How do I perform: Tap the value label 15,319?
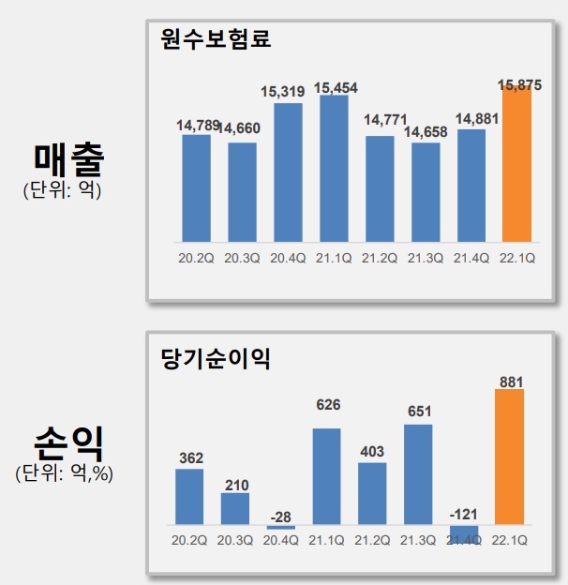click(x=288, y=91)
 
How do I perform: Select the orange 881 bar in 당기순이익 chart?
click(x=509, y=457)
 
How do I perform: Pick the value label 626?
click(x=327, y=405)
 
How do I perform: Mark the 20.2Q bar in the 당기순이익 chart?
click(x=189, y=496)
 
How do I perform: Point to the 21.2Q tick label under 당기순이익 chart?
click(x=372, y=542)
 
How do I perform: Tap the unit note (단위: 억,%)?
click(x=64, y=473)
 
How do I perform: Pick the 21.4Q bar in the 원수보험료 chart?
click(x=471, y=185)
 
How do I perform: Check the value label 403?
click(x=372, y=451)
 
